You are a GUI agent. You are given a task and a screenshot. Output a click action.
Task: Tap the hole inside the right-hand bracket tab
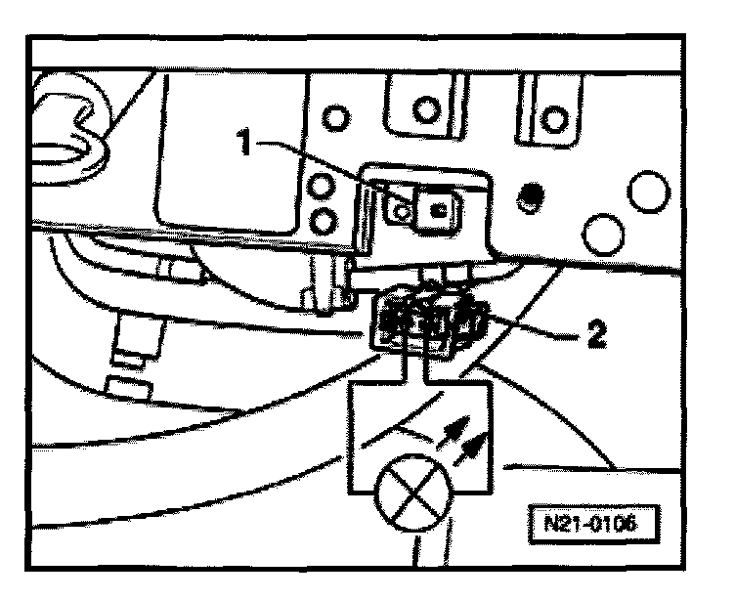[555, 118]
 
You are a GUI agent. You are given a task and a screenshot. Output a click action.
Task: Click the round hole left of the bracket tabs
[334, 118]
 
